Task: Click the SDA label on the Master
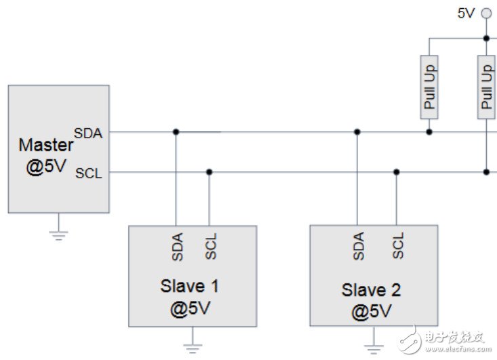click(88, 133)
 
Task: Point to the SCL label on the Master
click(89, 173)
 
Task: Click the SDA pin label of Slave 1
click(176, 247)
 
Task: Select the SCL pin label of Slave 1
click(210, 247)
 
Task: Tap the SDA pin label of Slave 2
click(359, 247)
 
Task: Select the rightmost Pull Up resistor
click(486, 87)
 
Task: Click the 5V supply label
click(466, 13)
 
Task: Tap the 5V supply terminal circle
click(485, 13)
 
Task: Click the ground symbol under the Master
click(59, 235)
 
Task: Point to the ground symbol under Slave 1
click(192, 347)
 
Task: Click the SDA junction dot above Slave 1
click(176, 132)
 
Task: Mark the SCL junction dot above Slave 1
click(210, 172)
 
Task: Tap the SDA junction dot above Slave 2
click(357, 132)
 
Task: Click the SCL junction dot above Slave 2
click(397, 172)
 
